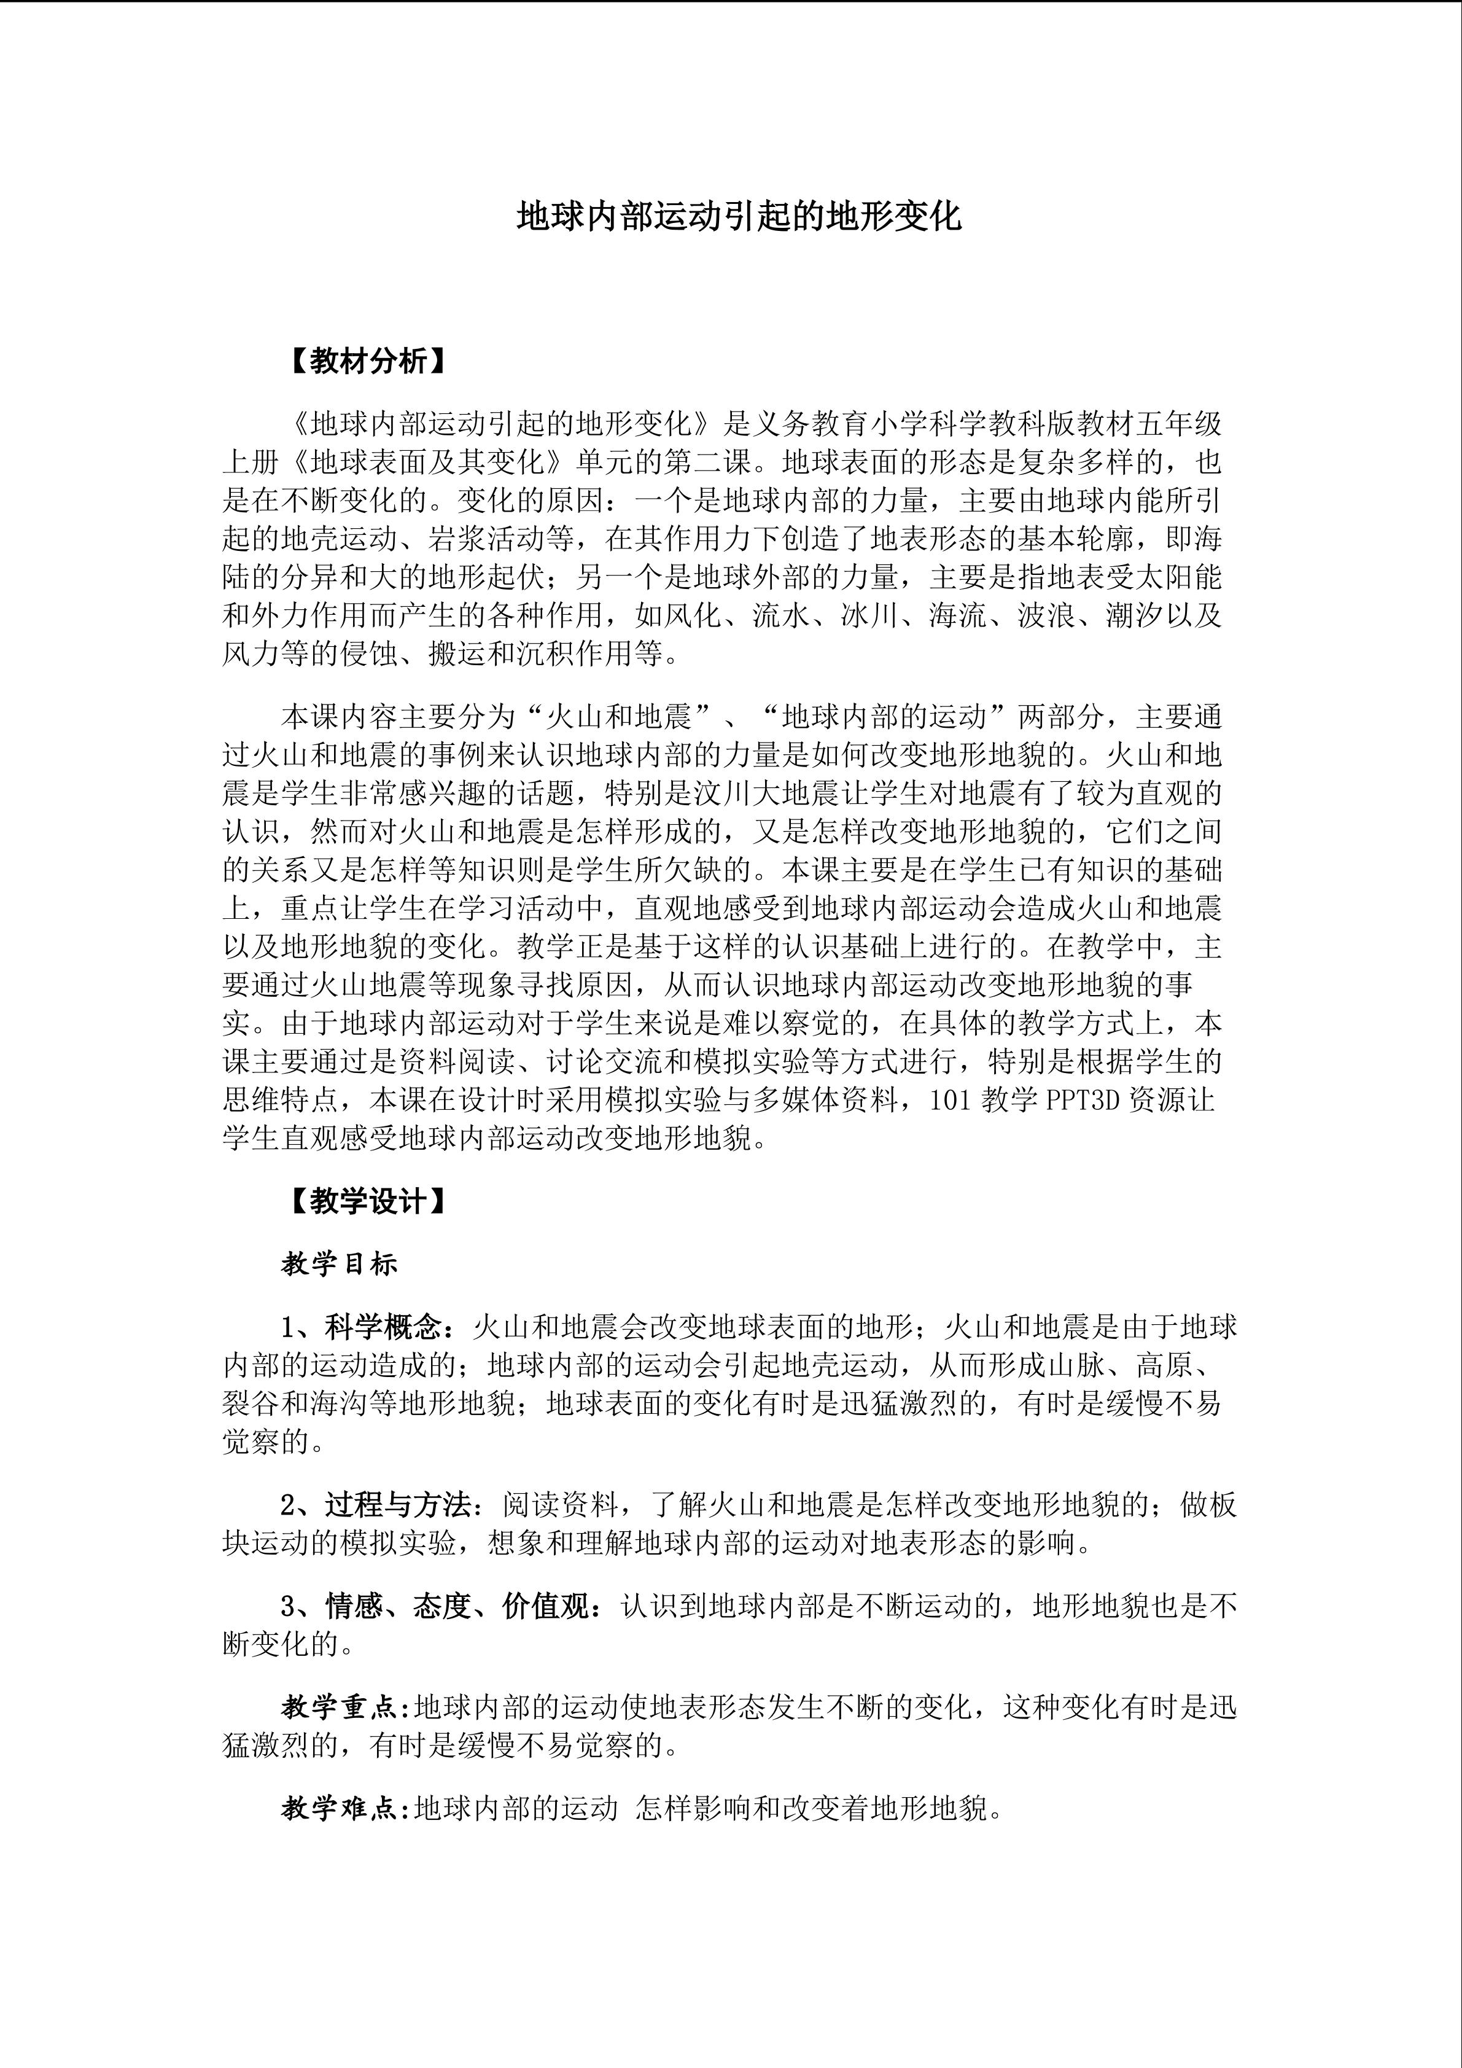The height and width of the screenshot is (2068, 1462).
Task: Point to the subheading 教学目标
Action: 340,1263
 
